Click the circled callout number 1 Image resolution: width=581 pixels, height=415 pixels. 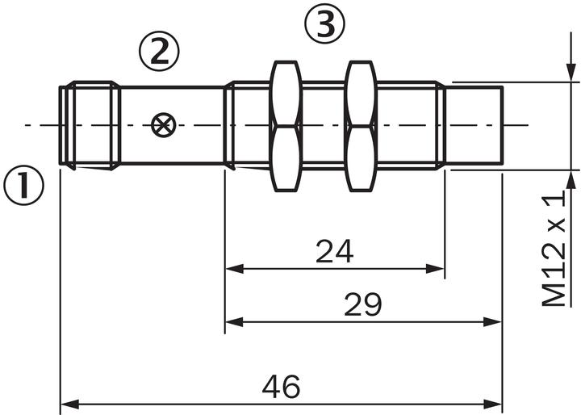tap(23, 186)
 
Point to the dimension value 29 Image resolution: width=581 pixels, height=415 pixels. tap(363, 305)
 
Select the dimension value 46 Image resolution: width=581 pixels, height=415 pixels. tap(281, 387)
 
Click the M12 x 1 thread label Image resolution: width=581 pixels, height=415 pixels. tap(554, 249)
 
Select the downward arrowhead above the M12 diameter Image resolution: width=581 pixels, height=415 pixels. tap(571, 73)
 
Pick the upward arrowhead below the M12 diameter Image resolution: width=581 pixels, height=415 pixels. tap(571, 178)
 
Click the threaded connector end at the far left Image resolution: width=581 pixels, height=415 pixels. tap(89, 125)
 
